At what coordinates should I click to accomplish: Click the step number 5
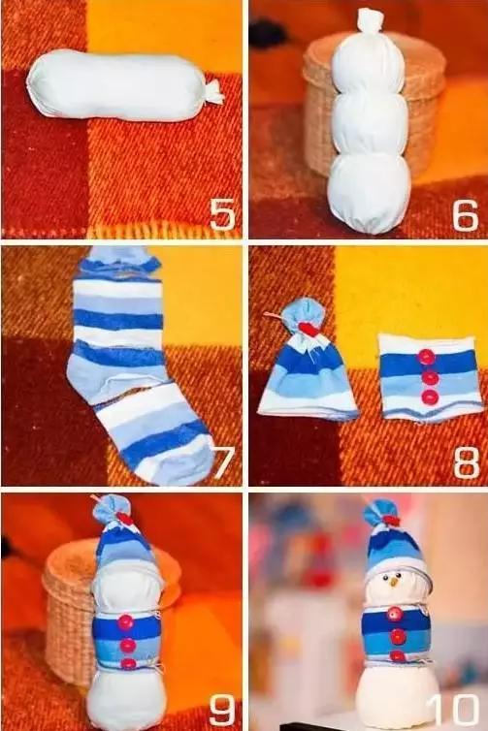tap(222, 214)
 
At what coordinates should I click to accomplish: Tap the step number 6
tap(465, 215)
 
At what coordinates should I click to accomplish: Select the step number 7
tap(222, 462)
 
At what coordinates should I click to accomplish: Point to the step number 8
tap(466, 462)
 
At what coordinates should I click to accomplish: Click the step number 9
tap(222, 711)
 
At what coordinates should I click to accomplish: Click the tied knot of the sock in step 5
tap(212, 92)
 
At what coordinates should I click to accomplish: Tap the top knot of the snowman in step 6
tap(369, 21)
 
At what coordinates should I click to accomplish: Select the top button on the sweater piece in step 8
tap(426, 358)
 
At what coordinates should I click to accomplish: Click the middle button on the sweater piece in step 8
tap(428, 378)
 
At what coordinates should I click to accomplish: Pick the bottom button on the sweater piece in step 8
tap(430, 397)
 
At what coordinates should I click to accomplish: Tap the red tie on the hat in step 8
tap(308, 329)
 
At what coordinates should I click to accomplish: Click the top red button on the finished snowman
tap(395, 615)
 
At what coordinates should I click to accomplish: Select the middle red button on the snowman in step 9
tap(128, 645)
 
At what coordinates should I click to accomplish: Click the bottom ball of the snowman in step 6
tap(369, 194)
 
